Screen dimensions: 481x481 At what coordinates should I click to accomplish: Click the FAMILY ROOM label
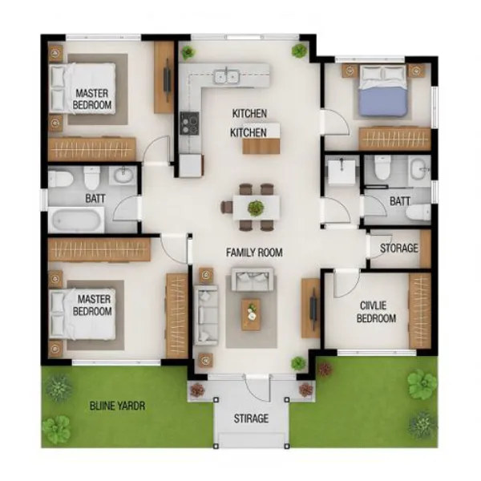254,253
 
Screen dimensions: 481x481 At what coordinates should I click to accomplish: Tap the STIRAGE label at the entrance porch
250,418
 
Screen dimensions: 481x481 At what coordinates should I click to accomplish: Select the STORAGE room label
398,249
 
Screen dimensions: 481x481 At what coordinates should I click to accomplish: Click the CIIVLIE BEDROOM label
375,312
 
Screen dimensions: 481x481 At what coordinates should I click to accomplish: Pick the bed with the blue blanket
383,92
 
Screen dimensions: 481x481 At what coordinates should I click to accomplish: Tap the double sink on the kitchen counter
225,77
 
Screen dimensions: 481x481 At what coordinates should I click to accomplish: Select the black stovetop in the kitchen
189,123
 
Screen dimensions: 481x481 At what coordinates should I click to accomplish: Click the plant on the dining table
255,208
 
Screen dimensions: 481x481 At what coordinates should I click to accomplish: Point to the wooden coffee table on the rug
252,314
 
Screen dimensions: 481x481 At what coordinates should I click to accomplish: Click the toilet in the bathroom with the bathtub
91,176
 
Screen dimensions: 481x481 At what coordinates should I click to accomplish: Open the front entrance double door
250,386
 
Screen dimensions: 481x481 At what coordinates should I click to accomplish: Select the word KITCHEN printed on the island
249,131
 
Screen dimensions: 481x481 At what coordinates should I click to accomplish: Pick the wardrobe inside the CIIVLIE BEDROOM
419,310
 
